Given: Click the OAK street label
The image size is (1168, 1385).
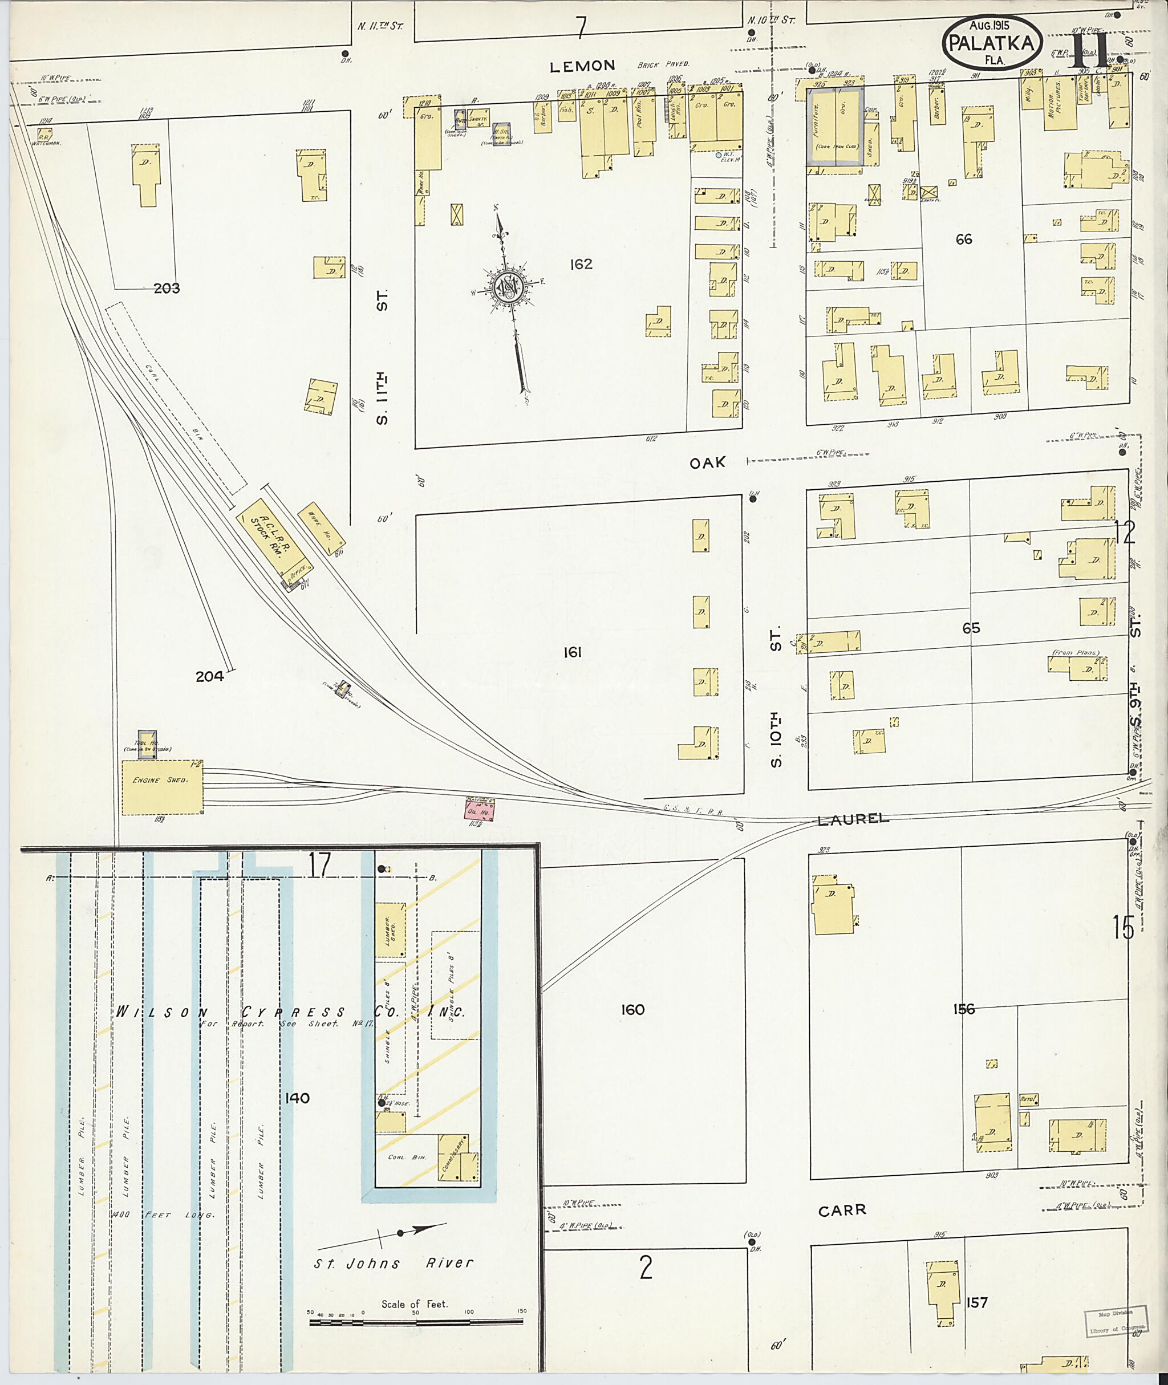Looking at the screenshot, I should tap(707, 463).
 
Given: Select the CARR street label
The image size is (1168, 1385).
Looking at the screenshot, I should tap(842, 1210).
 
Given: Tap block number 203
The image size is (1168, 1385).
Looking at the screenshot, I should tap(166, 289).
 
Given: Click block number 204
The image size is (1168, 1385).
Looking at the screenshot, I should tap(209, 677).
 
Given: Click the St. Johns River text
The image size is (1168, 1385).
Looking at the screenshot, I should tap(394, 1263).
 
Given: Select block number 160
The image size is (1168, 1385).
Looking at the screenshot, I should tap(632, 1010).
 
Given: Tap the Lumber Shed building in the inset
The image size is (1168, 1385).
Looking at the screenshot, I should tap(390, 929).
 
